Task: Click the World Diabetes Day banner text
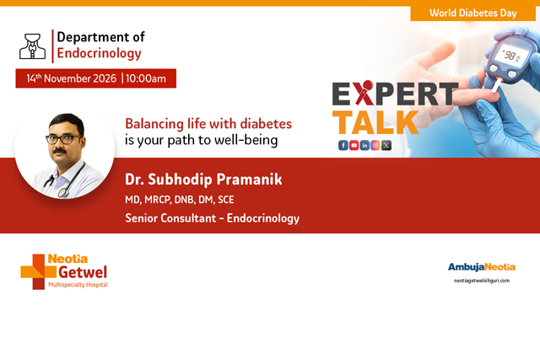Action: coord(473,13)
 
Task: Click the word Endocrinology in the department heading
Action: coord(99,53)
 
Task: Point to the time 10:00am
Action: coord(151,78)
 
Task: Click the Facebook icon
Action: coord(343,145)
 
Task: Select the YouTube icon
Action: coord(354,145)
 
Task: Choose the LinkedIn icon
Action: coord(364,145)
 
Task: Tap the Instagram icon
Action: coord(375,145)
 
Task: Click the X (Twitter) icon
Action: coord(386,145)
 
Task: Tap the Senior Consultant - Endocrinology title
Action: coord(212,219)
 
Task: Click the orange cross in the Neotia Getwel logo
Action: coord(34,271)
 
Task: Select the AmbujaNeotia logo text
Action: coord(481,267)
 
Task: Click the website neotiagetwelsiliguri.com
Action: coord(481,280)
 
